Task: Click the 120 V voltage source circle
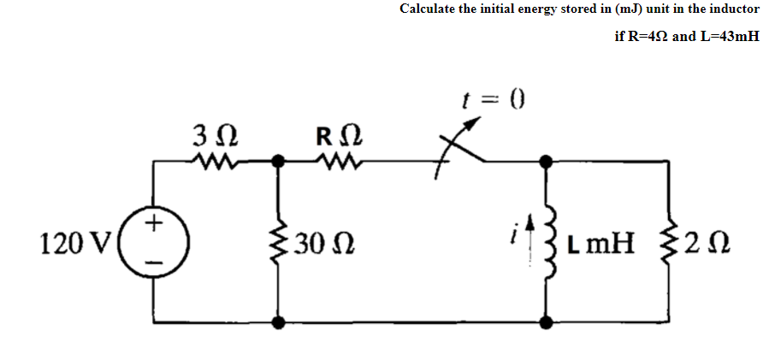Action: (x=154, y=244)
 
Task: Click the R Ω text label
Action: (x=339, y=135)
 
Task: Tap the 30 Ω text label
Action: (x=322, y=246)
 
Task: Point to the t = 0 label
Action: (x=498, y=103)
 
